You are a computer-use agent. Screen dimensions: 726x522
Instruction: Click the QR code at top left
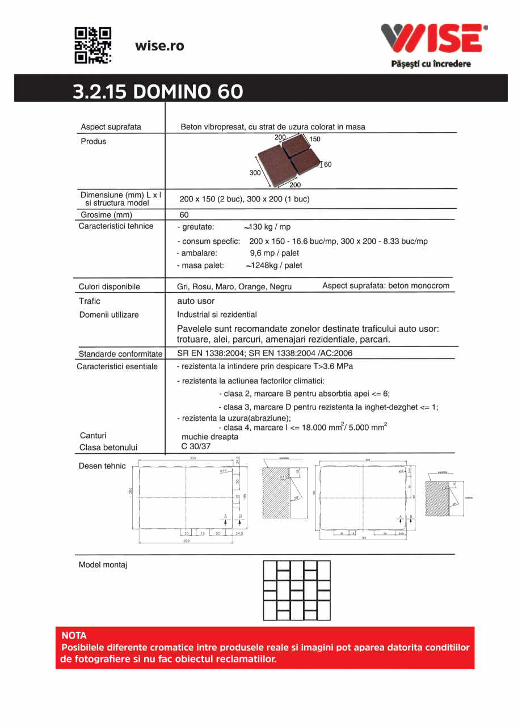tap(93, 45)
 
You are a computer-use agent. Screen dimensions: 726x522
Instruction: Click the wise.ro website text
tap(159, 46)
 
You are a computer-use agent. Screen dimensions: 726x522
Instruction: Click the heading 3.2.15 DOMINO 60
tap(158, 91)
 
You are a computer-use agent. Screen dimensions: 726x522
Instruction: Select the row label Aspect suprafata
tap(111, 126)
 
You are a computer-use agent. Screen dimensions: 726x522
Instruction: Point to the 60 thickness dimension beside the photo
tap(327, 164)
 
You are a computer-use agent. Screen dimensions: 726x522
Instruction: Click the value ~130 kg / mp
tap(267, 227)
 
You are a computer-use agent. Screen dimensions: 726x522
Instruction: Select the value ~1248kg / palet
tap(274, 265)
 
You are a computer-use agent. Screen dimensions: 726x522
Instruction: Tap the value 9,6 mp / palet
tap(274, 253)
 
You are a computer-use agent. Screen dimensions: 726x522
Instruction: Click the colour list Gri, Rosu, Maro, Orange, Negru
tap(234, 286)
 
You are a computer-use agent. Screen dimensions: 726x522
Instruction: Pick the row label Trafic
tap(90, 301)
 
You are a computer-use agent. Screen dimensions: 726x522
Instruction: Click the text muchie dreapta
tap(210, 437)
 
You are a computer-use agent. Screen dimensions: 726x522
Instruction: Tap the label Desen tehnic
tap(102, 466)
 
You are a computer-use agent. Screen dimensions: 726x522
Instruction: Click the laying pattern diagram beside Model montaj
tap(297, 590)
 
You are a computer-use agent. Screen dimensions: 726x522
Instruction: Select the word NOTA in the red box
tap(74, 636)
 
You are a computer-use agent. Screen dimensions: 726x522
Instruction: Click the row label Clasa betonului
tap(108, 447)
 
